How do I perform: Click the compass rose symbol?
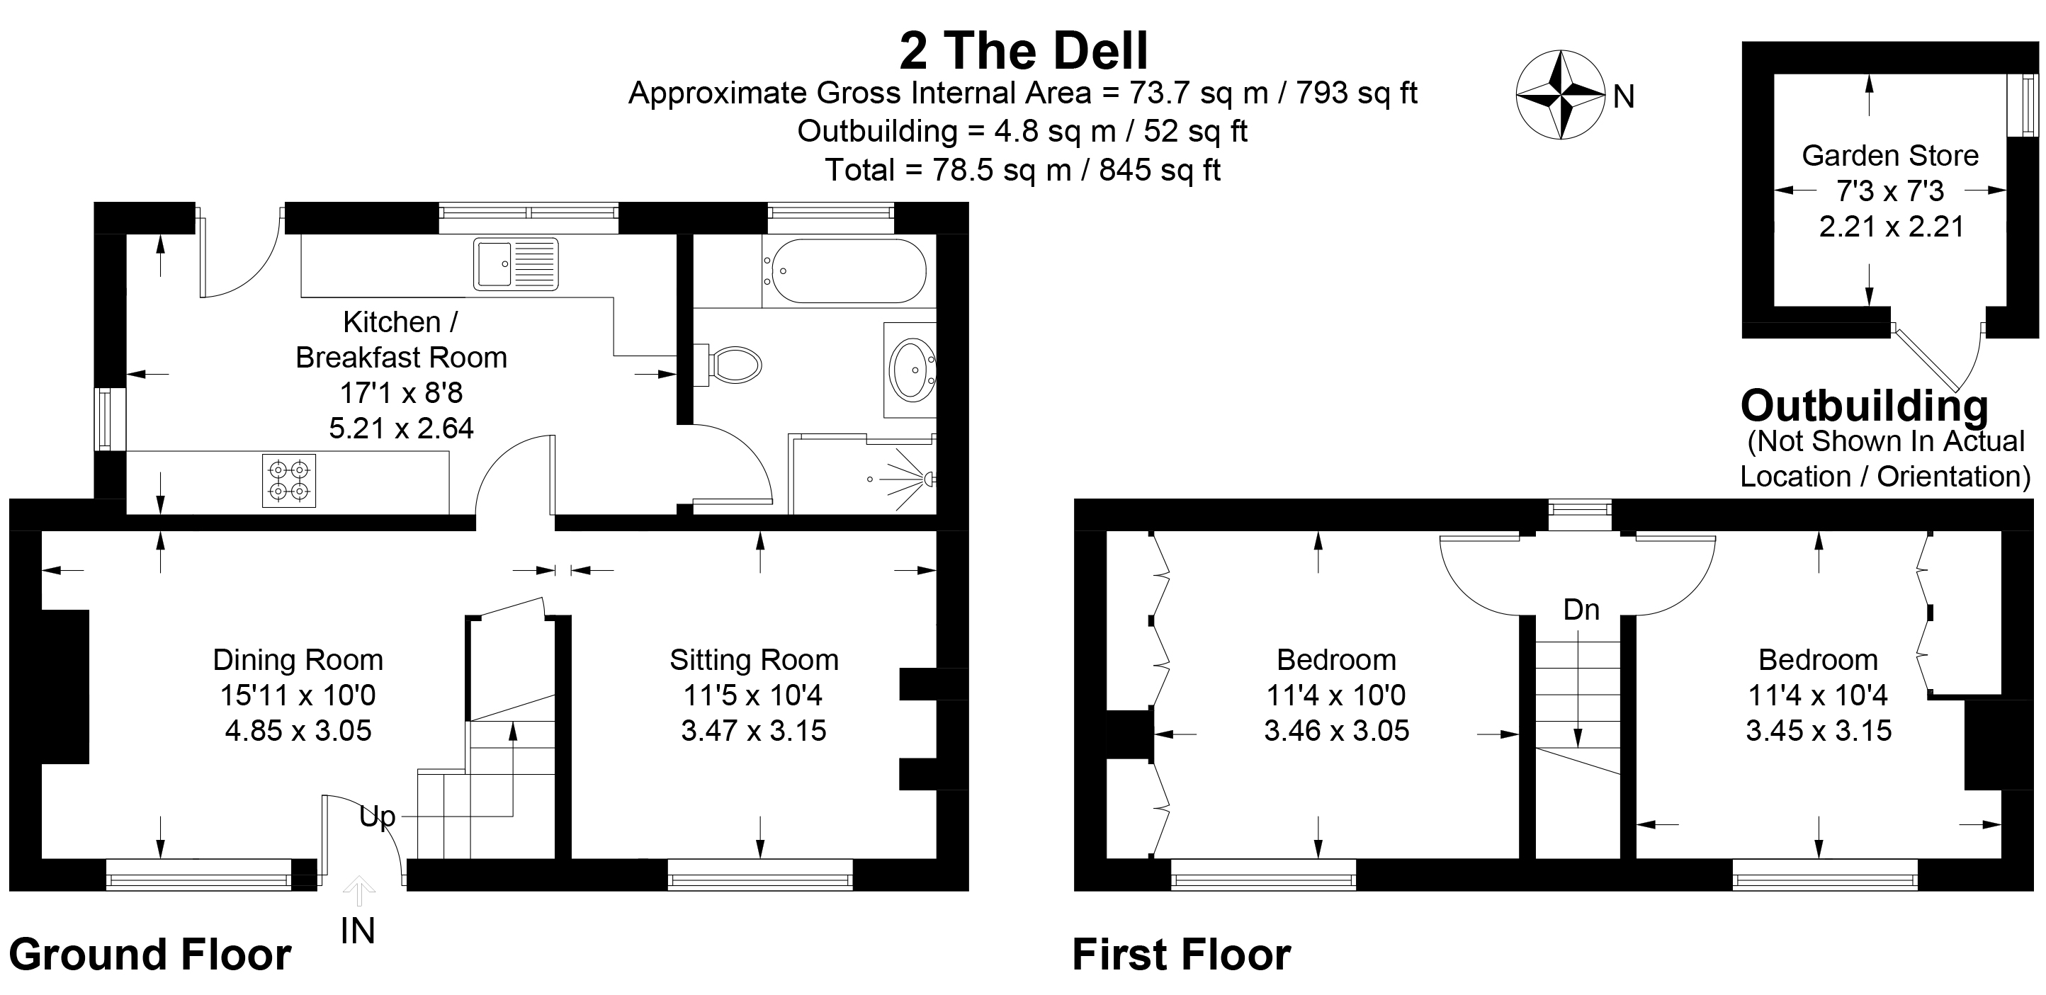[x=1560, y=94]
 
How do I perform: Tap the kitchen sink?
[x=516, y=263]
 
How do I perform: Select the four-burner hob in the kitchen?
[x=289, y=480]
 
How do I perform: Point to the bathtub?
[x=847, y=271]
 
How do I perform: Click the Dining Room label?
[x=298, y=660]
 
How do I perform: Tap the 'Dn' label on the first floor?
[x=1581, y=610]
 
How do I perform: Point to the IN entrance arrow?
[x=359, y=891]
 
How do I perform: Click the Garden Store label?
[x=1889, y=156]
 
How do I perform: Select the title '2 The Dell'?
[x=1023, y=51]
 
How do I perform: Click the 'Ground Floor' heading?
[x=149, y=954]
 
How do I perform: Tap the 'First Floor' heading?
[x=1181, y=954]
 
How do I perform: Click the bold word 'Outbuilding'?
[x=1864, y=406]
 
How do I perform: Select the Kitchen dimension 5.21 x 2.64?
[x=401, y=429]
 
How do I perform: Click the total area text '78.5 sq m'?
[x=1002, y=170]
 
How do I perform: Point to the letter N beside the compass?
[x=1624, y=97]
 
